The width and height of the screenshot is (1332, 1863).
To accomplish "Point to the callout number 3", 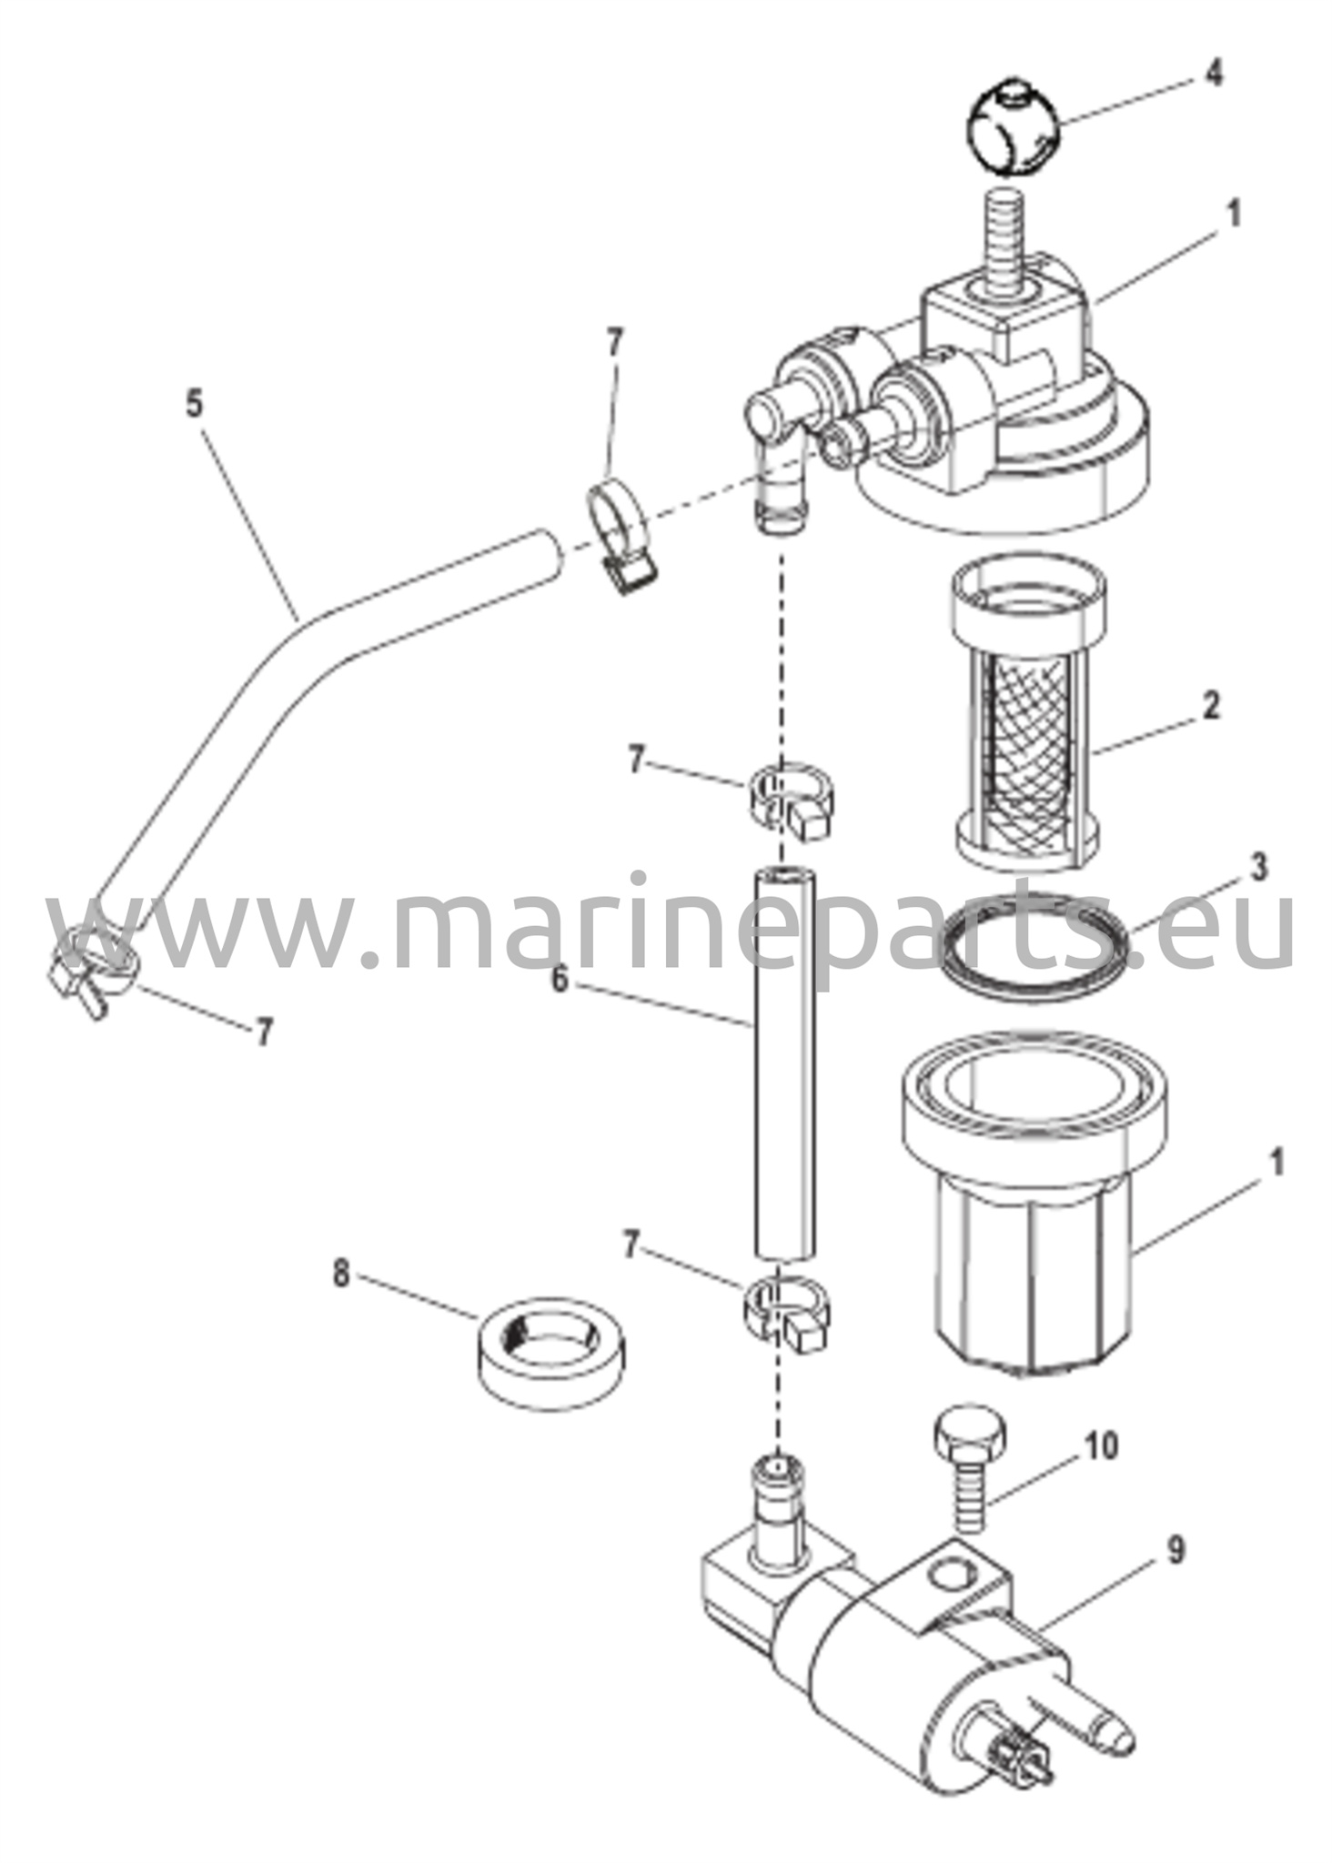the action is pos(1256,869).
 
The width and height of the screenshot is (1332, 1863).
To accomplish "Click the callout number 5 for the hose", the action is pos(195,403).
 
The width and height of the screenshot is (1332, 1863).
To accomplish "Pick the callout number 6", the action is pos(560,980).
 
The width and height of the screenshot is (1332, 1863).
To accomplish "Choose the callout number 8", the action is pos(340,1274).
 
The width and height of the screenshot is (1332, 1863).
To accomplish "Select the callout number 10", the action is pos(1101,1445).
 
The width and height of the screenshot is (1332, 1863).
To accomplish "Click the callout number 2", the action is pos(1209,707).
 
